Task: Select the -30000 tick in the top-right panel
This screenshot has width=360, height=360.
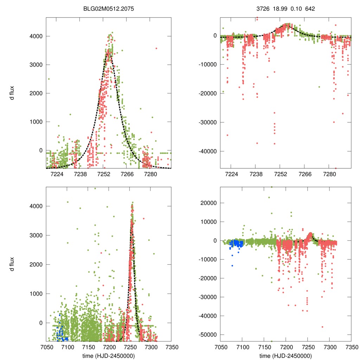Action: pos(207,122)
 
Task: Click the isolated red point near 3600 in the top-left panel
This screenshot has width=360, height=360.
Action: pos(156,48)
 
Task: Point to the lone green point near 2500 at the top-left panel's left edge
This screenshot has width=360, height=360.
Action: pos(49,79)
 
